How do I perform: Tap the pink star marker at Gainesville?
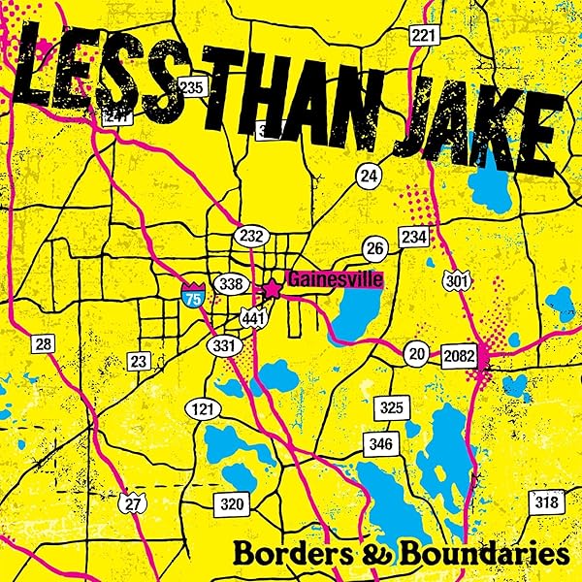click(x=274, y=288)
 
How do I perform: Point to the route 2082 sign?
click(x=458, y=356)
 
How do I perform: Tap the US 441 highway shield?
click(x=253, y=318)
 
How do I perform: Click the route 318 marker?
click(x=545, y=502)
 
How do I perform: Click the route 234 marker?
click(x=413, y=237)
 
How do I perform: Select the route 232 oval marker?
click(x=247, y=236)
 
